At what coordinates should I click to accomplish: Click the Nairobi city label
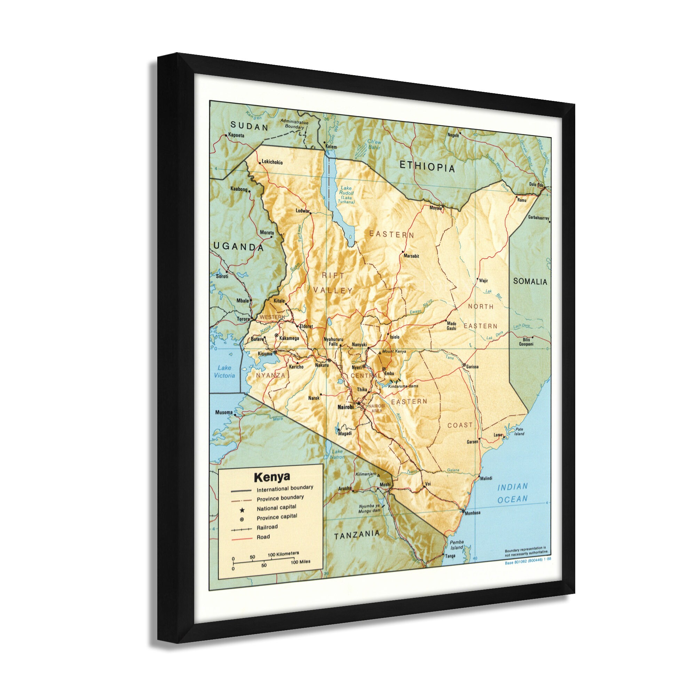point(346,407)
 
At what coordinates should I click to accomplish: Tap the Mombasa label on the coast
point(472,513)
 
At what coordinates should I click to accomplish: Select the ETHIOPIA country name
point(427,167)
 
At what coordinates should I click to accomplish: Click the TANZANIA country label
point(357,535)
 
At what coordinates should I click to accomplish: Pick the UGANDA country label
point(238,247)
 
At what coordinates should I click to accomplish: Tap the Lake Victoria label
point(225,371)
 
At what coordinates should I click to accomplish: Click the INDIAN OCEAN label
point(512,493)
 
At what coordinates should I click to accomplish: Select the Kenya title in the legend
point(272,477)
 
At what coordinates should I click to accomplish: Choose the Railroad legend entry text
point(267,527)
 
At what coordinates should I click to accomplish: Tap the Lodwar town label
point(303,211)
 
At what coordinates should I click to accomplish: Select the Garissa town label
point(472,367)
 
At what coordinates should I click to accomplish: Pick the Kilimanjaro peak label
point(366,474)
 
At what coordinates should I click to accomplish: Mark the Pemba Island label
point(457,545)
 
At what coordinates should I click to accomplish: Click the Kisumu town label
point(265,354)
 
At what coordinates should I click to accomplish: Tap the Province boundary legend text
point(280,498)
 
